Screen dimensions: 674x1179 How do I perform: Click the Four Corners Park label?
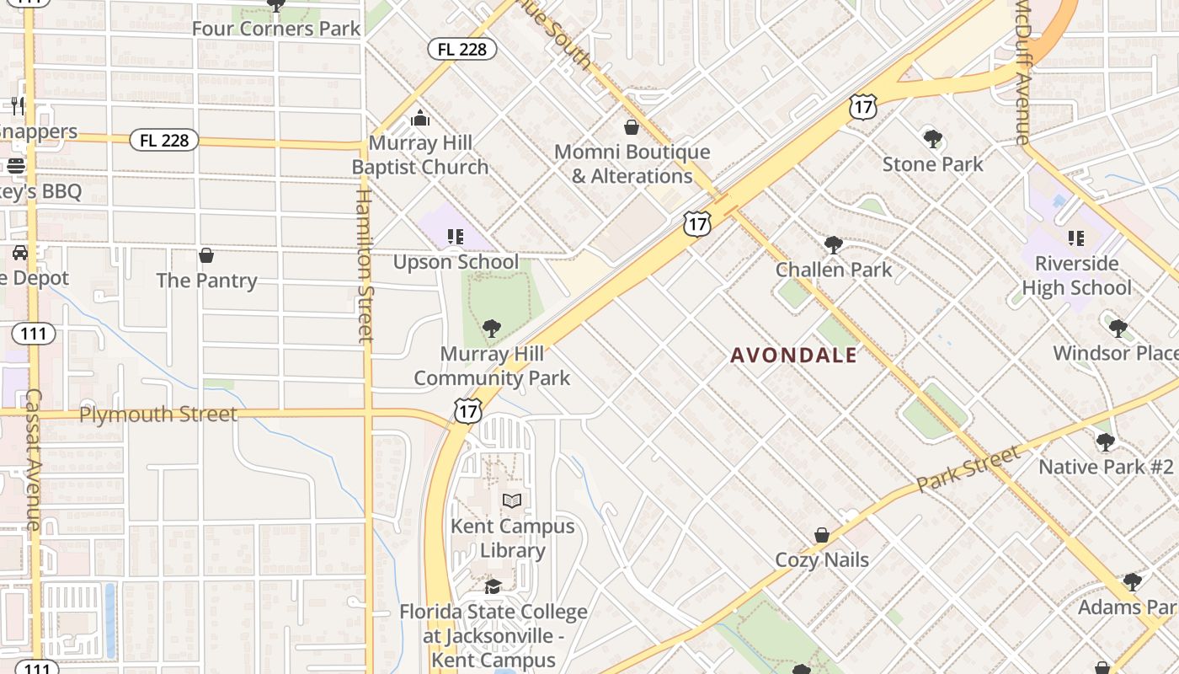[276, 28]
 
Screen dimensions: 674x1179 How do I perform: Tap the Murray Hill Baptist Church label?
[420, 155]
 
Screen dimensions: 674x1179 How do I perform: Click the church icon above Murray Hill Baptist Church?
[420, 118]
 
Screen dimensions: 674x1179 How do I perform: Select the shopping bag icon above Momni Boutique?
[632, 127]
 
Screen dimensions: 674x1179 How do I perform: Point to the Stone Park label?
[932, 163]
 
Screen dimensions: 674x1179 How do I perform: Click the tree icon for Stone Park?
[932, 138]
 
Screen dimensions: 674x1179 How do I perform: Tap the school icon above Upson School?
[456, 237]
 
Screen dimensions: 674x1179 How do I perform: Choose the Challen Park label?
[833, 270]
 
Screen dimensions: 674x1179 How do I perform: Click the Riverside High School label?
[1076, 275]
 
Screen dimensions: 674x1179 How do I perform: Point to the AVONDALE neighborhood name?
[793, 356]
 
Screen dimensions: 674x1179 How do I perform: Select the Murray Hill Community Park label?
[492, 366]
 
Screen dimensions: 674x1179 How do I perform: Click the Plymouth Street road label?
[158, 415]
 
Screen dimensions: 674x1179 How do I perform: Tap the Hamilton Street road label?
[363, 266]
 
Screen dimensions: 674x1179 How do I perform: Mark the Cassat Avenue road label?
[34, 459]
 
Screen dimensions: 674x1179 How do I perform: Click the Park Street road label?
[968, 470]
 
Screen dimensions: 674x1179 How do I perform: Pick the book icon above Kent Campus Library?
[512, 501]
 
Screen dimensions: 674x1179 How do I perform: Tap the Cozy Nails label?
[822, 559]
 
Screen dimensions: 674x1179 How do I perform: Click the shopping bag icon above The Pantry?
[206, 255]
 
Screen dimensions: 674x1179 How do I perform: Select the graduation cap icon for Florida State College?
[493, 586]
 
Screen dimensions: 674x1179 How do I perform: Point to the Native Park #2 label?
[1105, 467]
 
